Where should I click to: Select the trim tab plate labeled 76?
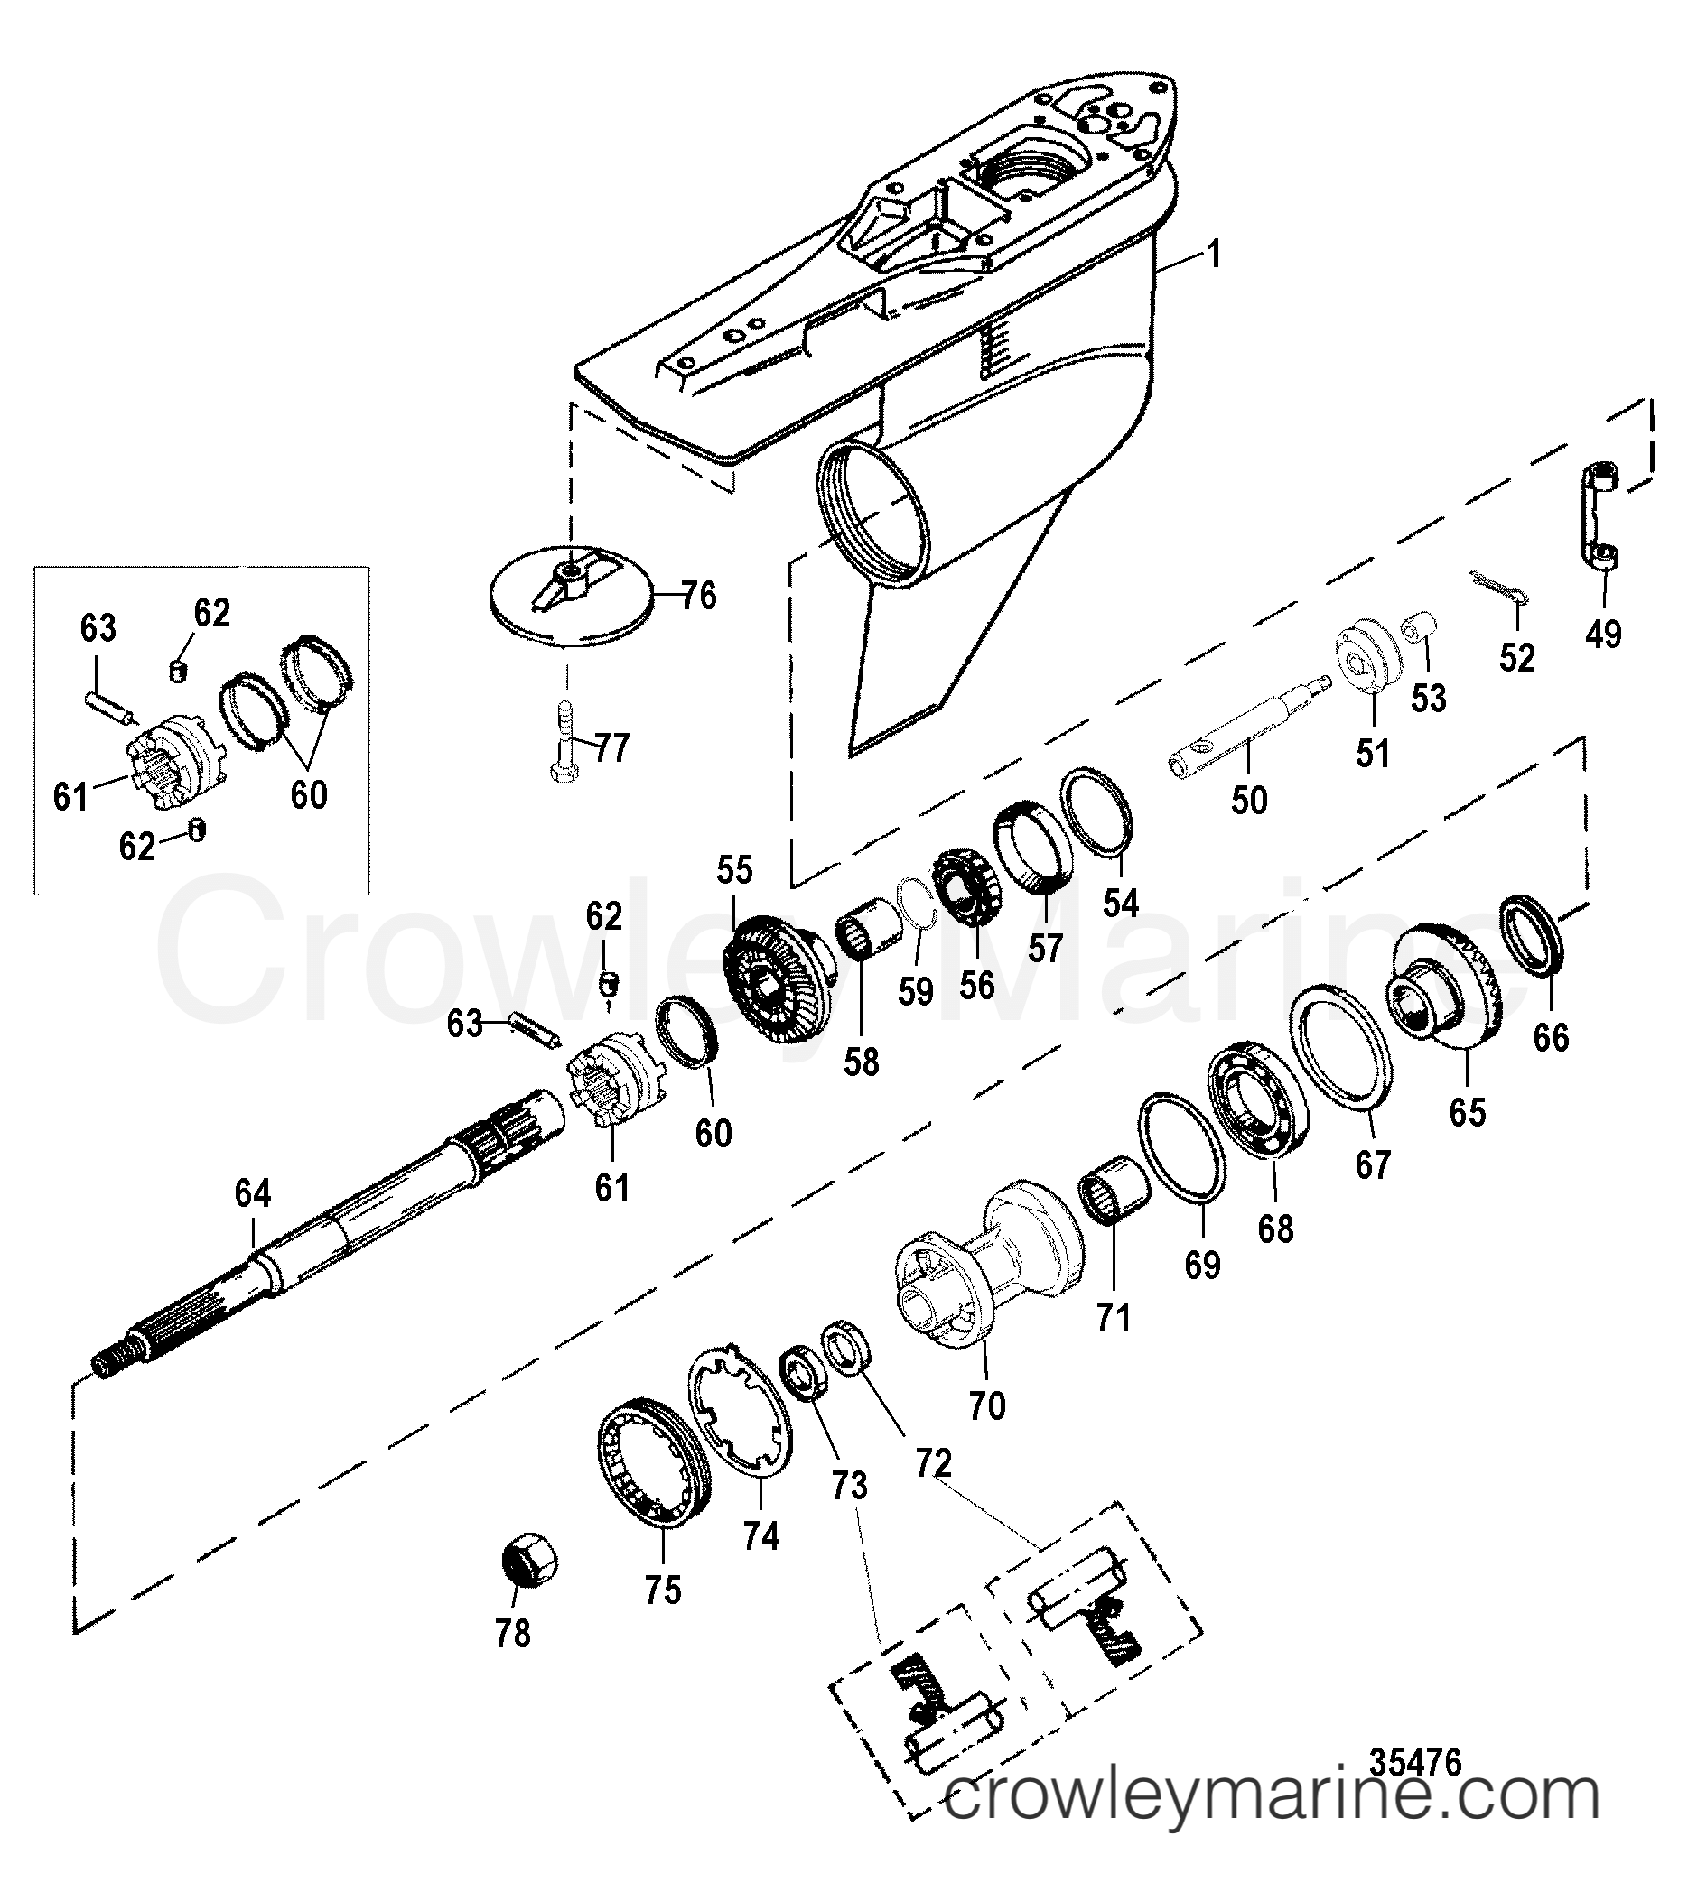pos(570,604)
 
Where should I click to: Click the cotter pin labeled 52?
pos(1497,589)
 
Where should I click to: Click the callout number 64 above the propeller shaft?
pos(252,1193)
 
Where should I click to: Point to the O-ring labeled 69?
pos(1181,1147)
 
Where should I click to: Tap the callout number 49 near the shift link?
pos(1604,634)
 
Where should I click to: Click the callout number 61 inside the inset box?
pos(70,795)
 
